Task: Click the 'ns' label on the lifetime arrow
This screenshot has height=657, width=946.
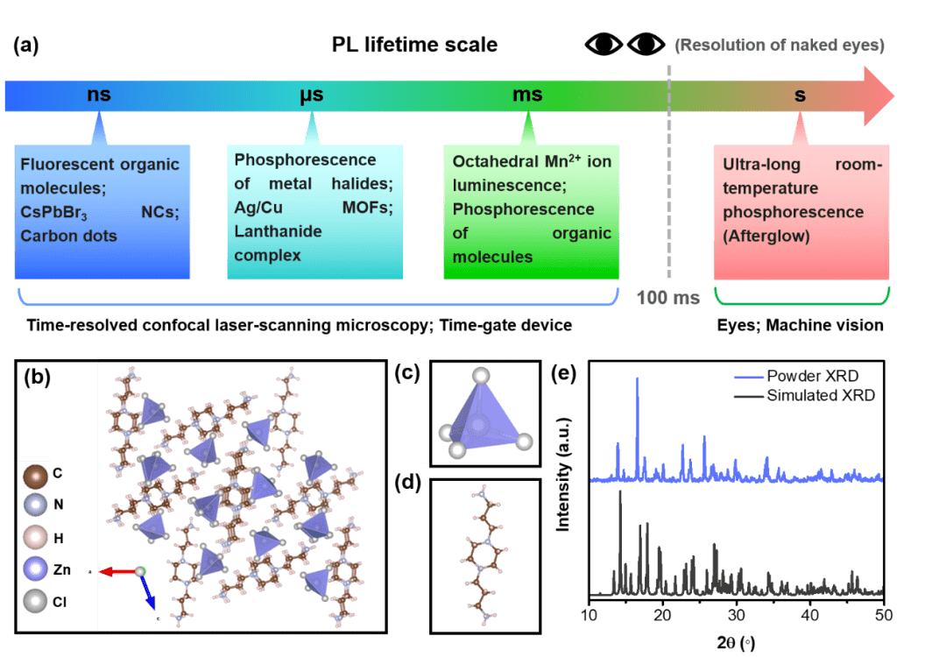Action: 99,95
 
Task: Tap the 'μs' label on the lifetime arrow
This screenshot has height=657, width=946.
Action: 311,95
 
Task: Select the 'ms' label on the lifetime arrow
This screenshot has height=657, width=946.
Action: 527,95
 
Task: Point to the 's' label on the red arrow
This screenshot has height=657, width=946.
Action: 800,95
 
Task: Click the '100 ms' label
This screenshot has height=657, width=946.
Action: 668,298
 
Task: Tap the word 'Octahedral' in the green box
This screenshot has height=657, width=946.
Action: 496,162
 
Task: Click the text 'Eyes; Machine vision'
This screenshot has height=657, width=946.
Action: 799,325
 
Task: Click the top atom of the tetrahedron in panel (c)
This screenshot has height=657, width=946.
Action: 480,376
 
